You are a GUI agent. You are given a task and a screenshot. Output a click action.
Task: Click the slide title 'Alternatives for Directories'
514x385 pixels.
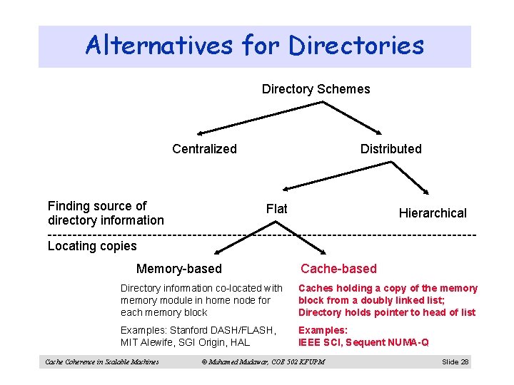tap(254, 46)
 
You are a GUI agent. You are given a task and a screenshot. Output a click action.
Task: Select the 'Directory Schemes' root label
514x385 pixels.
tap(316, 89)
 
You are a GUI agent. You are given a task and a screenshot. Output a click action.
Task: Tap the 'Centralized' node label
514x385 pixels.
tap(204, 148)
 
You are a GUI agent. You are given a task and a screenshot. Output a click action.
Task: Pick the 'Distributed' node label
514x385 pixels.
tap(390, 148)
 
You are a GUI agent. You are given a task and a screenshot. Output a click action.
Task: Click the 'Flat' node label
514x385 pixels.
tap(276, 208)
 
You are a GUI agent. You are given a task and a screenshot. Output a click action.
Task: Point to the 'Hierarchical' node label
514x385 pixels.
tap(432, 212)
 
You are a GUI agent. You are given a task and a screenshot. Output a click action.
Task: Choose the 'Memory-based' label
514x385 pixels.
tap(178, 269)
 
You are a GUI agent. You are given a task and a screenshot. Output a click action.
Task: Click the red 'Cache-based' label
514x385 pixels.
tap(338, 269)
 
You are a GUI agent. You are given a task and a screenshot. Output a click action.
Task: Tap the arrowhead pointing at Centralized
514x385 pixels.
tap(201, 133)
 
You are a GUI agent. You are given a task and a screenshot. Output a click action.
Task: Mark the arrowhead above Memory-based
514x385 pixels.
tap(220, 251)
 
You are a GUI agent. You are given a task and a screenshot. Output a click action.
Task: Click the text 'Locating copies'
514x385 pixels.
tap(92, 246)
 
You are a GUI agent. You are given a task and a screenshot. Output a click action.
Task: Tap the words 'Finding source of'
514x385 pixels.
tap(97, 206)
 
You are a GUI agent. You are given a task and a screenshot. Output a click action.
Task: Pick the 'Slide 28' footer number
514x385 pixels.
tap(455, 362)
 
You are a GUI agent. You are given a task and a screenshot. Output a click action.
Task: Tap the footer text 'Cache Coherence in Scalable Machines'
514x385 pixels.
tap(101, 362)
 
